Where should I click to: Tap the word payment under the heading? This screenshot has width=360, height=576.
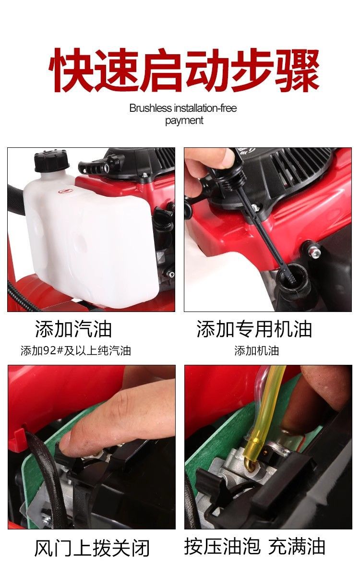pyautogui.click(x=184, y=120)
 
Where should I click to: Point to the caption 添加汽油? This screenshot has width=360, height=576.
pyautogui.click(x=73, y=329)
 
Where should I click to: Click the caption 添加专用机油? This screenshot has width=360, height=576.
pyautogui.click(x=254, y=329)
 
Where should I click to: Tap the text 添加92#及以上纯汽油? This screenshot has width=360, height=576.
pyautogui.click(x=76, y=350)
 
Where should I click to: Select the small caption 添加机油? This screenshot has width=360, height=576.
pyautogui.click(x=257, y=350)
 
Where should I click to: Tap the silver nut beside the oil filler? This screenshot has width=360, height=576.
pyautogui.click(x=315, y=251)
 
